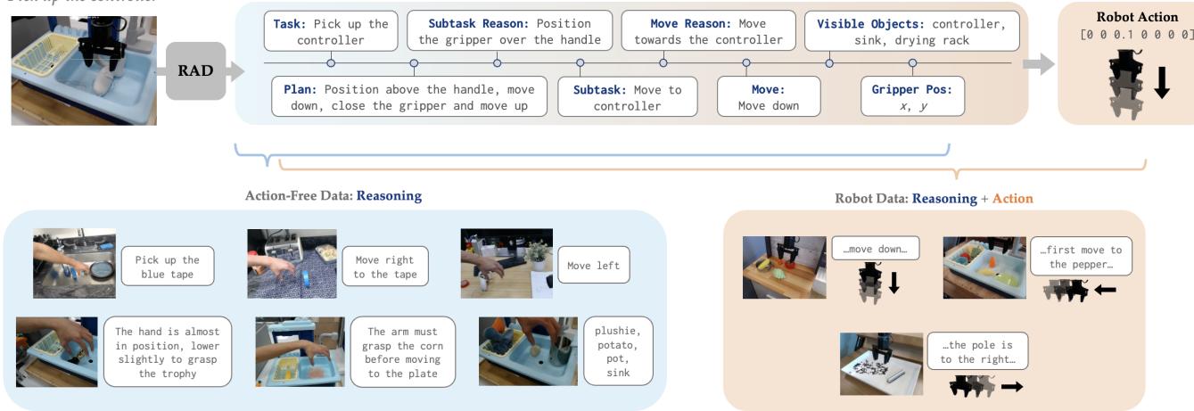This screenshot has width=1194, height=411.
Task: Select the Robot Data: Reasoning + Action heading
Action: [x=934, y=199]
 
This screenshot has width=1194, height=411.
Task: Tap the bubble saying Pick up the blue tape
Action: [x=167, y=267]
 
